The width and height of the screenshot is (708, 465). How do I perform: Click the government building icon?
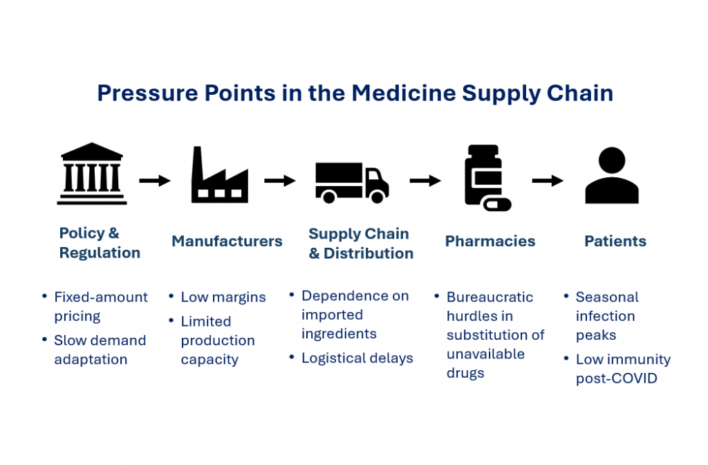coord(92,174)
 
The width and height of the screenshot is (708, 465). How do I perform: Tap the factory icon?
coord(219,176)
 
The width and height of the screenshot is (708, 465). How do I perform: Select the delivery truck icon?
coord(351,182)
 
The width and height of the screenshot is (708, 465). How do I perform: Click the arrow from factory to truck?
coord(279,181)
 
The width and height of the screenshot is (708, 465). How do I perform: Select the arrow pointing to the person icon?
coord(548,181)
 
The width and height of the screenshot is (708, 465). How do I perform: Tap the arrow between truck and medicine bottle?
coord(425,181)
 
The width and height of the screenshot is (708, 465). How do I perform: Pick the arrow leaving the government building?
coord(155,181)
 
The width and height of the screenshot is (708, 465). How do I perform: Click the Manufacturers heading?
coord(227,241)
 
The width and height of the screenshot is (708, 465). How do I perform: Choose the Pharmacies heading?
coord(490,241)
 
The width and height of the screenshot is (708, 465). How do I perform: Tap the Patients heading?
coord(615,241)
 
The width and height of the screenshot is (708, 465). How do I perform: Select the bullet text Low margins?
coord(223,298)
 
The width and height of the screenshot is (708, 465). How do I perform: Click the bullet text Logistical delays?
coord(357,358)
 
